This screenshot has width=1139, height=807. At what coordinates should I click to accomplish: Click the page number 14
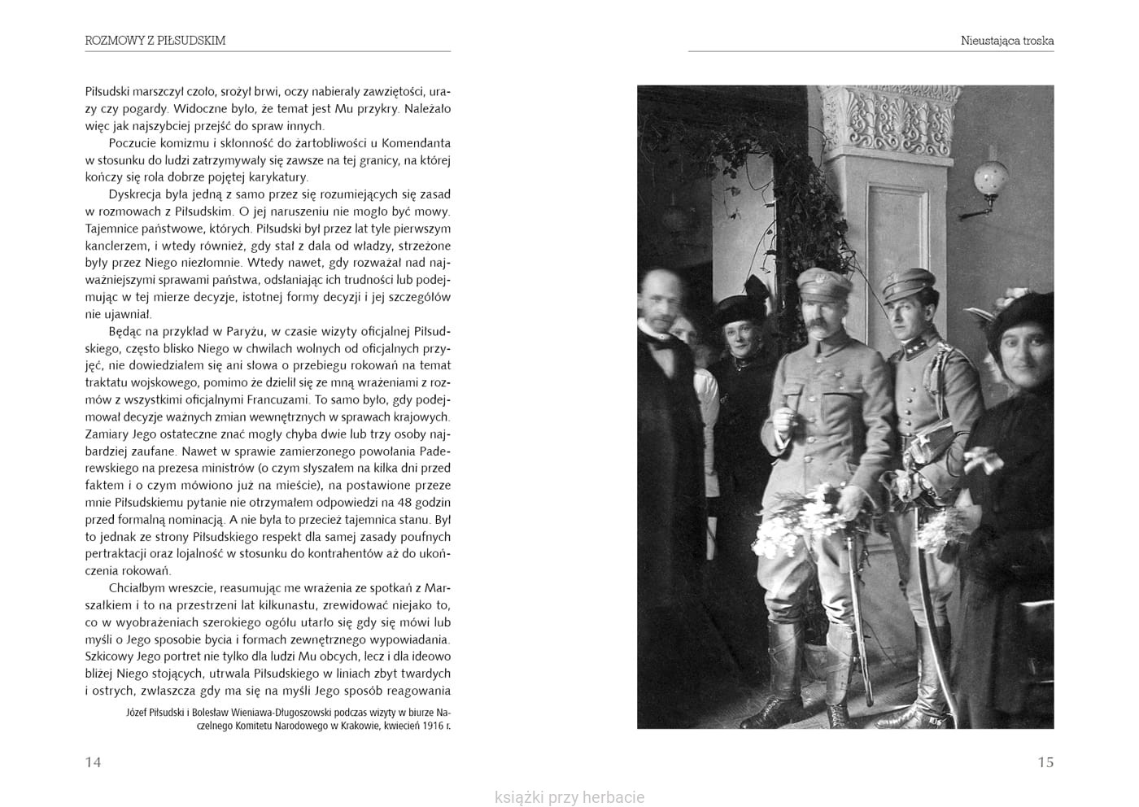[93, 762]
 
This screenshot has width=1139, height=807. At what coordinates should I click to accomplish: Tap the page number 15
[1045, 762]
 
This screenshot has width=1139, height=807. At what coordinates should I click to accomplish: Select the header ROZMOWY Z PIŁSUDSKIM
[155, 40]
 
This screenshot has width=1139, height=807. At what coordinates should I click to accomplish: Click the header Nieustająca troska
[1006, 40]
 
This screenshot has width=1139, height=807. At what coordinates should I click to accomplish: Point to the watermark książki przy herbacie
[569, 797]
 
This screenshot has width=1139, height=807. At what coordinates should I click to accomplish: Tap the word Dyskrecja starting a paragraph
[137, 194]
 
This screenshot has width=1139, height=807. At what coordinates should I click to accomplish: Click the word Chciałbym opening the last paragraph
[137, 588]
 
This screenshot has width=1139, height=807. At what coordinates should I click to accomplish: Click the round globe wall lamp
[991, 177]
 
